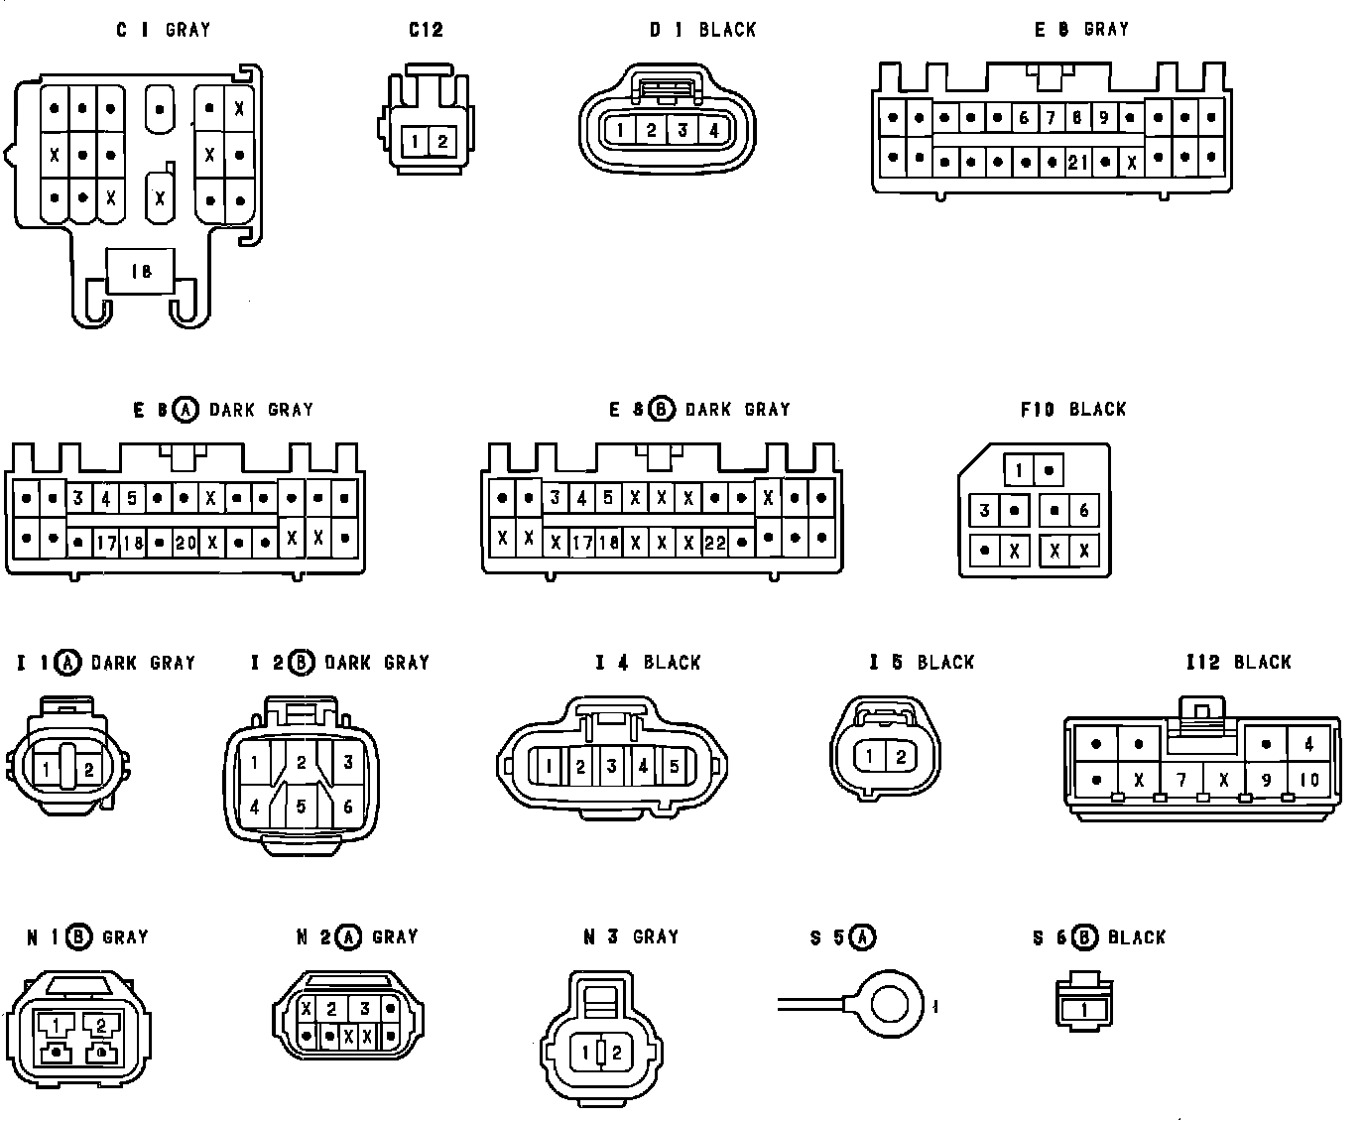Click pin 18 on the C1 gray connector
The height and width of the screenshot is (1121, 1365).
point(141,270)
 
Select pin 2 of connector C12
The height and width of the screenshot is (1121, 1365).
point(442,141)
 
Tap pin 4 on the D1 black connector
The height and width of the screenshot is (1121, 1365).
point(714,130)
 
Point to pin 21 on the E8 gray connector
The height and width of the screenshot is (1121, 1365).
point(1077,162)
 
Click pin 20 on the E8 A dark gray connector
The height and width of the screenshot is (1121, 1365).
point(186,543)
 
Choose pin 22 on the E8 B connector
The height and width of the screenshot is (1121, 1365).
point(714,543)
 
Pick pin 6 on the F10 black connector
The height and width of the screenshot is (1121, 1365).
point(1083,511)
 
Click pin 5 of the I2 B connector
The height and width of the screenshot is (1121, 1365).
point(302,807)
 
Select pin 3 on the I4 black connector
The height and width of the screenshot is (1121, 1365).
point(612,766)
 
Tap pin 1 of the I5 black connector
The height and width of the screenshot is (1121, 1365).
point(869,757)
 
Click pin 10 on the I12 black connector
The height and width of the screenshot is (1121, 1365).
point(1309,780)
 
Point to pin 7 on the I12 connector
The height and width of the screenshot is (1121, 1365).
point(1181,780)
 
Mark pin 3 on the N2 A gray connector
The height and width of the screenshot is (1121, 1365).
point(365,1009)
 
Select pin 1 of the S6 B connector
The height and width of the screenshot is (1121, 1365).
point(1084,1010)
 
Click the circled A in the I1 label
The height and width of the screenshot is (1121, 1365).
point(67,662)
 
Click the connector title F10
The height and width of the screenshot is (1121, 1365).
point(1038,409)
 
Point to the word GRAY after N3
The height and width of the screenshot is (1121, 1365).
point(656,936)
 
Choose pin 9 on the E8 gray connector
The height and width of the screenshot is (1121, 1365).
point(1104,118)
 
